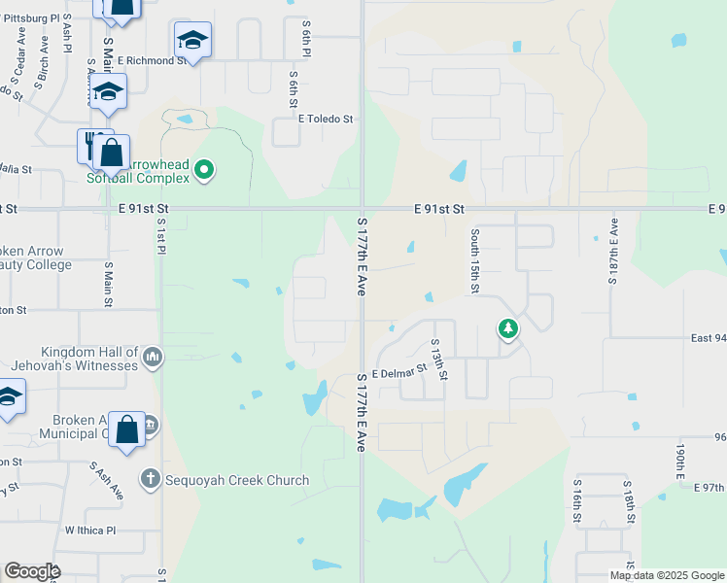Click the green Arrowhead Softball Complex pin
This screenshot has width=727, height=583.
tap(204, 171)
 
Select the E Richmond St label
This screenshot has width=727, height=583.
tap(152, 60)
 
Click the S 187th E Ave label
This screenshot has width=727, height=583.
tap(613, 251)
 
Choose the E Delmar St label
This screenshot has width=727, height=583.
tap(400, 371)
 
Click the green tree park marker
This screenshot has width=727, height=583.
tap(507, 329)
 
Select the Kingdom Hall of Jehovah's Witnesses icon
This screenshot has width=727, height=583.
tap(153, 359)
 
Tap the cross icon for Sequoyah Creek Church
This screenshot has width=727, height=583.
tap(150, 479)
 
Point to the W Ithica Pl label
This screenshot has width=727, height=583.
tap(90, 531)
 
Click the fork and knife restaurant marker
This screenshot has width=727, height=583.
tap(90, 146)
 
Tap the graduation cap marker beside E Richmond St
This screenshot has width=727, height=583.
tap(192, 41)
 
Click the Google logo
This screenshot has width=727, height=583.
tap(32, 571)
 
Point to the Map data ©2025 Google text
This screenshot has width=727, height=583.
tap(666, 575)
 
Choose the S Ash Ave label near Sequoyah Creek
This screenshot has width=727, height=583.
tap(107, 481)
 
